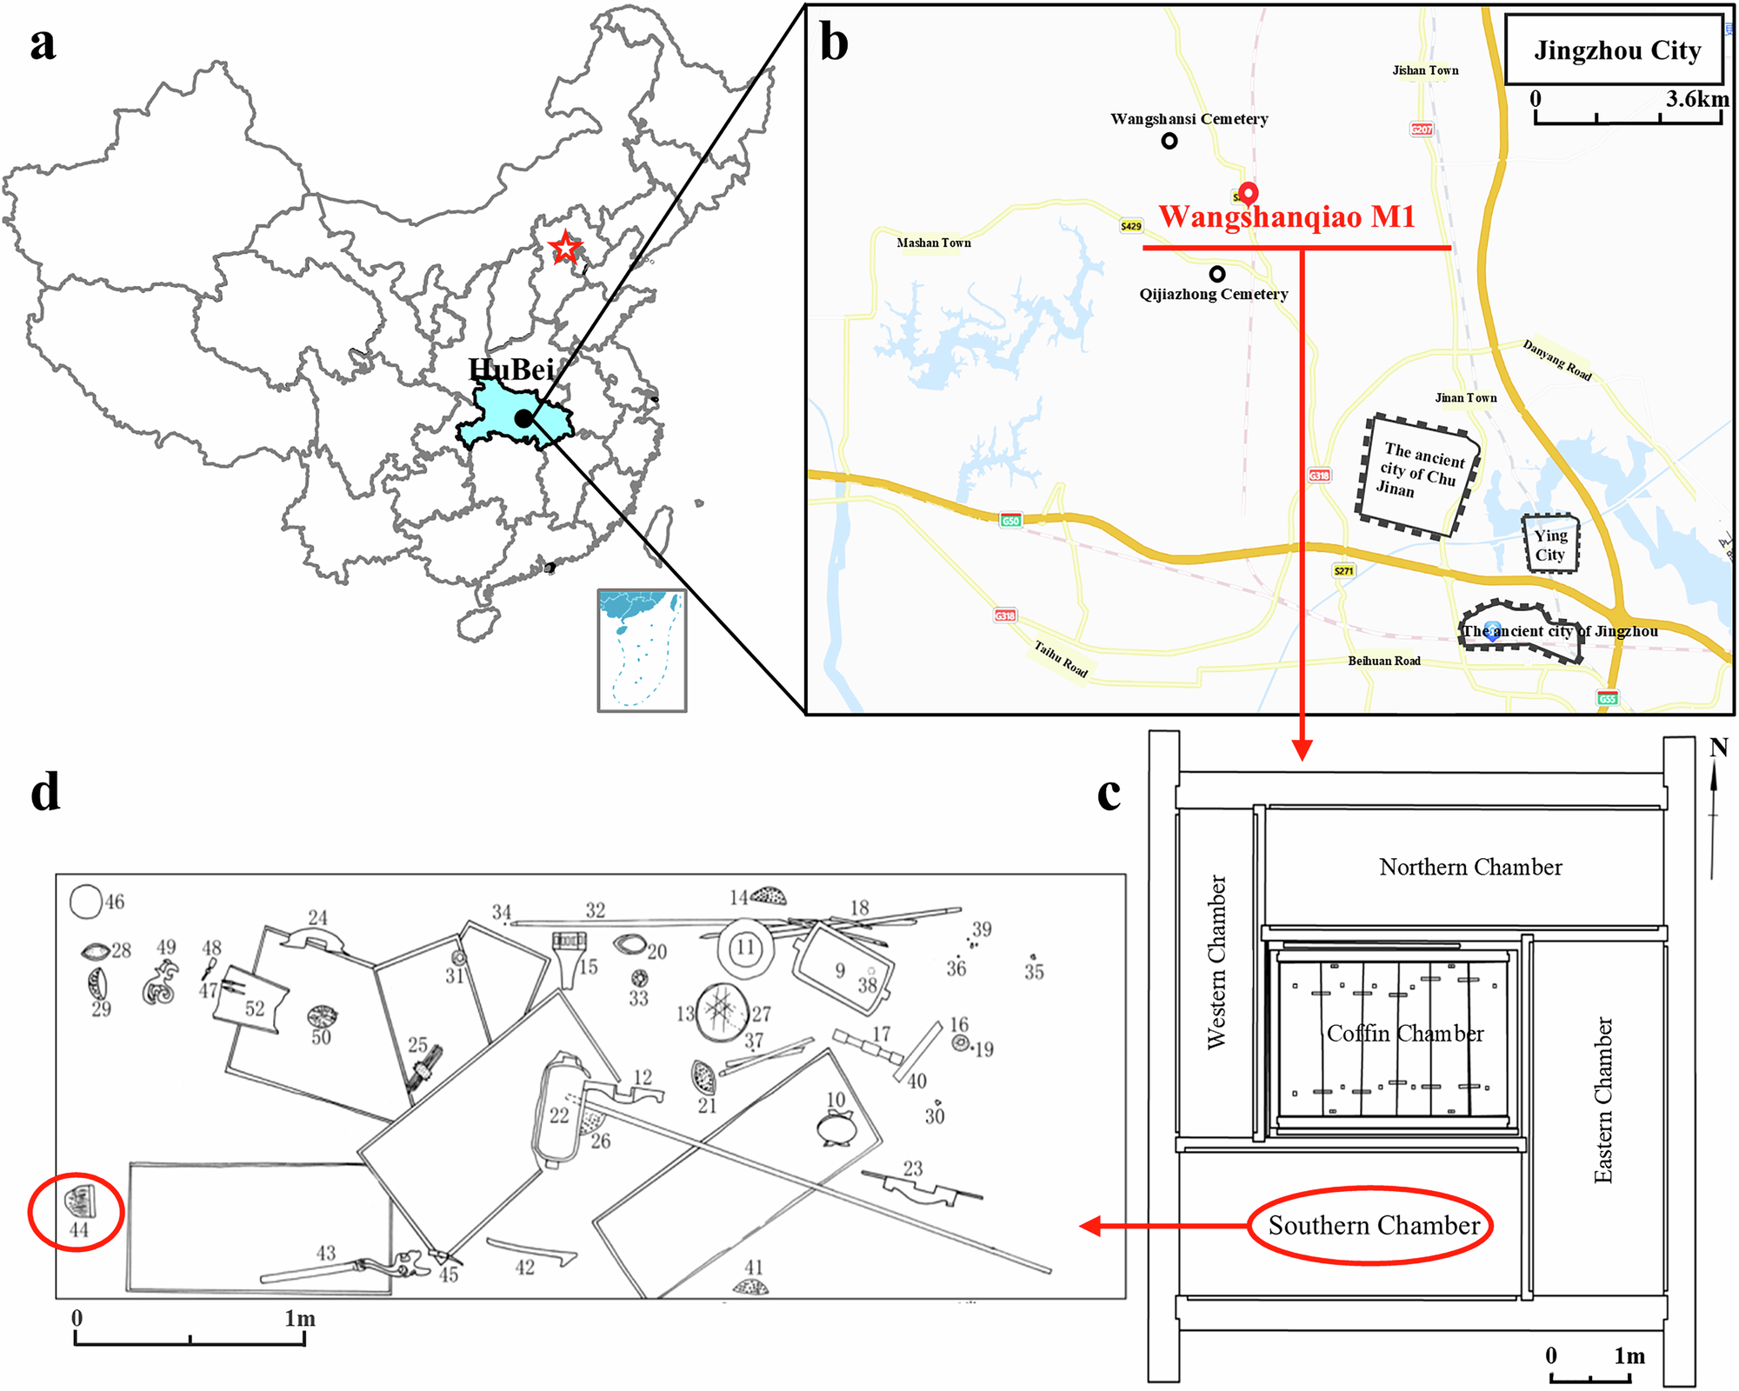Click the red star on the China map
click(565, 249)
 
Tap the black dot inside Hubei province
click(523, 418)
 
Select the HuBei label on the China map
click(511, 369)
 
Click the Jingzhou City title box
click(1616, 50)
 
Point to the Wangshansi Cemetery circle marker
click(1169, 140)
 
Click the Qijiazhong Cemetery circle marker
click(1217, 274)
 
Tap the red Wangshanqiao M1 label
click(1287, 216)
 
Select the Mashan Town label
click(934, 243)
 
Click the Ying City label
click(1550, 545)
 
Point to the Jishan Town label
click(1425, 70)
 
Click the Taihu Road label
click(1061, 658)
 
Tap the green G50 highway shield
click(1010, 520)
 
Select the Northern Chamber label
click(1470, 867)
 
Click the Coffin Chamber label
click(1405, 1033)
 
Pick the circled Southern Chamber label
click(1373, 1225)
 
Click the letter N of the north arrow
click(1718, 748)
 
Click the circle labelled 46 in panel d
click(86, 902)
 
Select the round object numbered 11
click(745, 948)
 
